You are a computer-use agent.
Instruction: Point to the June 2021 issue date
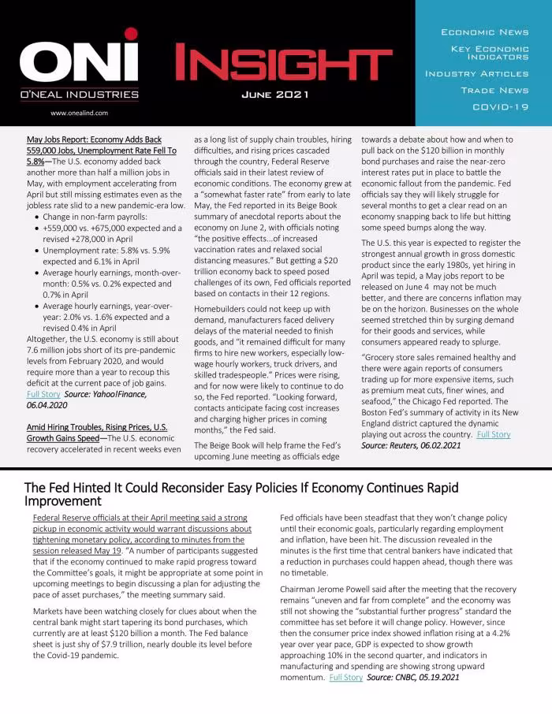275,95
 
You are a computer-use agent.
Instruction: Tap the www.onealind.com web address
78,113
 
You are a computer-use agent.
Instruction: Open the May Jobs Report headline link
101,150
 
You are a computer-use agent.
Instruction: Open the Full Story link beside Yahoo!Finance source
43,393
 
